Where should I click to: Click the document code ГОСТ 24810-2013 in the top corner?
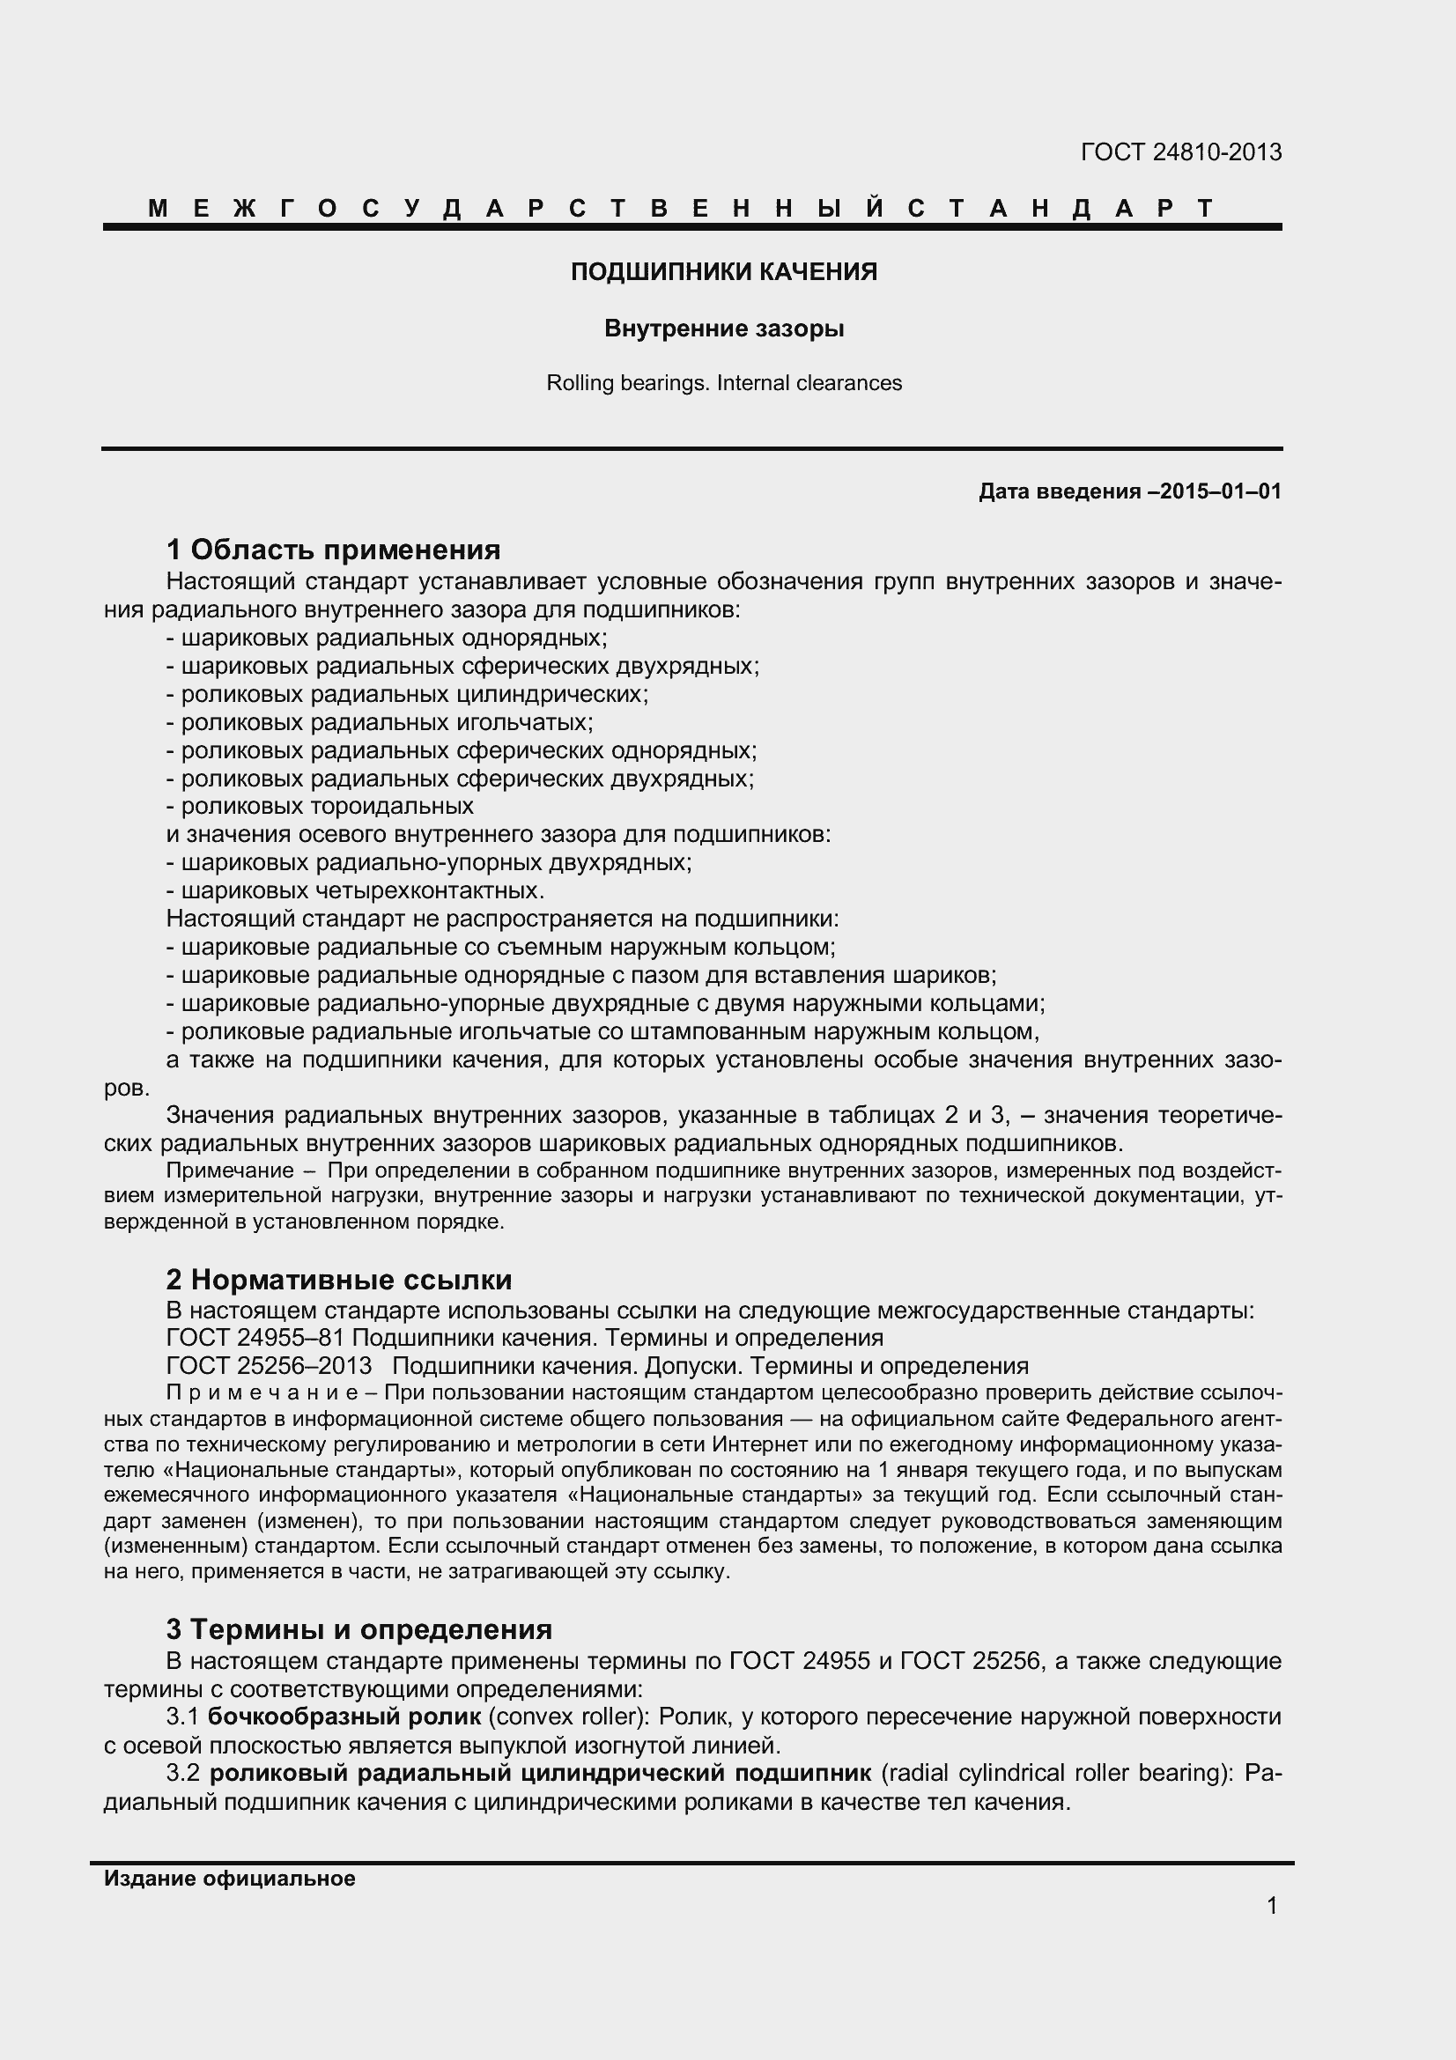coord(1180,152)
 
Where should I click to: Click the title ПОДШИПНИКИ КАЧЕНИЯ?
coord(724,272)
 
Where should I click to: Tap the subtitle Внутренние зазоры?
coord(724,329)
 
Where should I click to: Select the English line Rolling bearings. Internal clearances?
coord(724,383)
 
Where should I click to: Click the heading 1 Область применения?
coord(333,549)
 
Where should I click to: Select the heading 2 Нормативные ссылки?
coord(339,1280)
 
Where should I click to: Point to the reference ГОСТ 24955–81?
coord(255,1338)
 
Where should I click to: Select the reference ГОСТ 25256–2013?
coord(270,1366)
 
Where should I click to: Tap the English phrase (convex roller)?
coord(567,1717)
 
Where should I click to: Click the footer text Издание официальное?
coord(230,1879)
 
